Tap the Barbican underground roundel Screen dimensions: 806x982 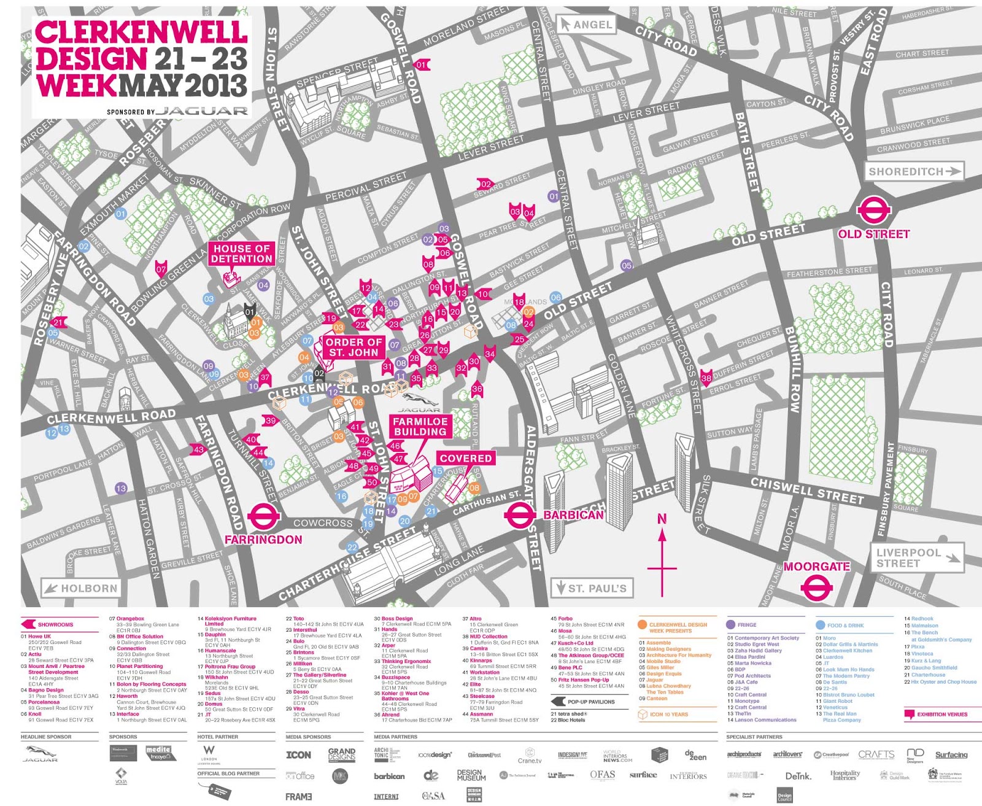pyautogui.click(x=519, y=515)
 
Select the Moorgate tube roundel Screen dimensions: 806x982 pyautogui.click(x=816, y=588)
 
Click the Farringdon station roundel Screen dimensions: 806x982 pyautogui.click(x=264, y=517)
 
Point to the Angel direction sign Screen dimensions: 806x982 pyautogui.click(x=586, y=25)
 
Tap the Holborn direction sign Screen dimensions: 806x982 pyautogui.click(x=80, y=588)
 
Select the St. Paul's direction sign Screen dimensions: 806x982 pyautogui.click(x=592, y=588)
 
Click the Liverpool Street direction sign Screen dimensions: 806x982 pyautogui.click(x=916, y=557)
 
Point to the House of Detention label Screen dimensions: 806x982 pyautogui.click(x=241, y=254)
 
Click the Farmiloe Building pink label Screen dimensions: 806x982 pyautogui.click(x=420, y=427)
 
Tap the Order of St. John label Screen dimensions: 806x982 pyautogui.click(x=354, y=347)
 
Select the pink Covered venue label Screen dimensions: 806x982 pyautogui.click(x=465, y=458)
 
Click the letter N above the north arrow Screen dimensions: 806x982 pyautogui.click(x=662, y=519)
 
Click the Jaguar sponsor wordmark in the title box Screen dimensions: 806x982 pyautogui.click(x=201, y=111)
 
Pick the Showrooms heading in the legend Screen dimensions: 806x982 pyautogui.click(x=55, y=625)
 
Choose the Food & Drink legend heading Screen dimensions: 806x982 pyautogui.click(x=845, y=626)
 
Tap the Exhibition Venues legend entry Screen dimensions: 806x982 pyautogui.click(x=941, y=715)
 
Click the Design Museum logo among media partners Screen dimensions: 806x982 pyautogui.click(x=471, y=775)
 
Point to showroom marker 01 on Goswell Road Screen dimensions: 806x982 pyautogui.click(x=422, y=64)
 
